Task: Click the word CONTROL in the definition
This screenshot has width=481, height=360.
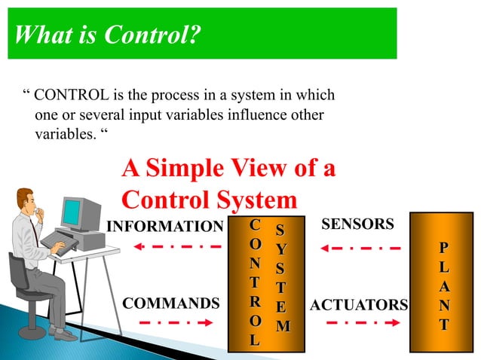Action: point(75,96)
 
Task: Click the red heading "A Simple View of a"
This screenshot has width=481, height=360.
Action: point(228,169)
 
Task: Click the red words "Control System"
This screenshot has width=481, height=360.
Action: point(209,200)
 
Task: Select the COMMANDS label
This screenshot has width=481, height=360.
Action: point(170,304)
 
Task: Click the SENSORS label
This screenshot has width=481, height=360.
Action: point(357,224)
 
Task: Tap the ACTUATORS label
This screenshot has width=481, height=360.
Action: point(359,305)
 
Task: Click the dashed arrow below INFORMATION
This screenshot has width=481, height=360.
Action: point(179,246)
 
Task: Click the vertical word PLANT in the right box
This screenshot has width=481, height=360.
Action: point(444,285)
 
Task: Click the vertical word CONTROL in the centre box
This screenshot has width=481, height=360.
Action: point(256,282)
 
